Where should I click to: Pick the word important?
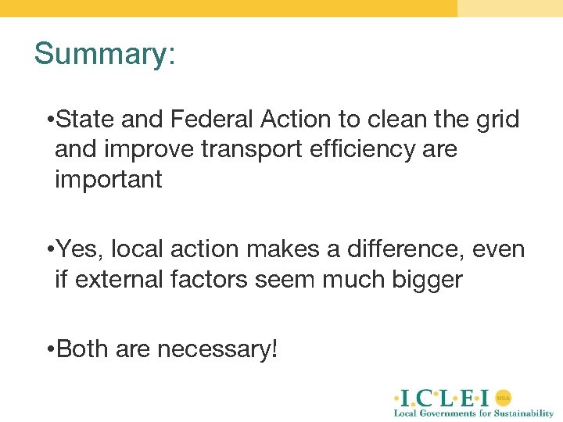tap(108, 179)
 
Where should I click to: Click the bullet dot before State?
tap(49, 120)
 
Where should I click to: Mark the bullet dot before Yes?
tap(49, 250)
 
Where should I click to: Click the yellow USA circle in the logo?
tap(504, 397)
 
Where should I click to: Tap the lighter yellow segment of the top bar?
tap(510, 8)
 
